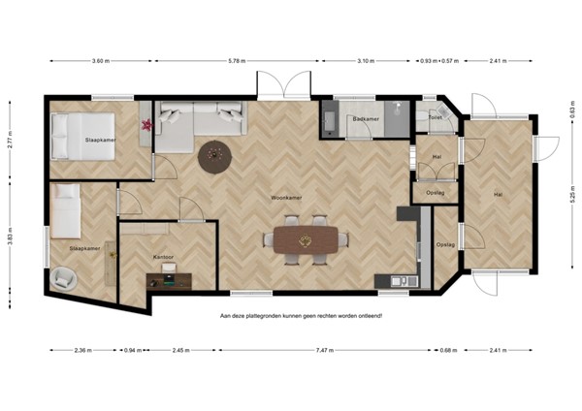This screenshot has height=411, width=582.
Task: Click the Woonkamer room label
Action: (x=286, y=197)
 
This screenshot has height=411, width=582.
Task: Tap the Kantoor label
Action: (x=163, y=257)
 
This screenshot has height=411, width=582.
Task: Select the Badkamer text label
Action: (x=365, y=118)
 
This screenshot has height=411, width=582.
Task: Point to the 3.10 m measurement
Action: (x=366, y=61)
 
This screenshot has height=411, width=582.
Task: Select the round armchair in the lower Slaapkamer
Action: (x=64, y=278)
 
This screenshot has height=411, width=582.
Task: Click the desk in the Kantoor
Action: (x=169, y=281)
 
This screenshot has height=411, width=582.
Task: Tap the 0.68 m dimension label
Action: (x=445, y=350)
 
